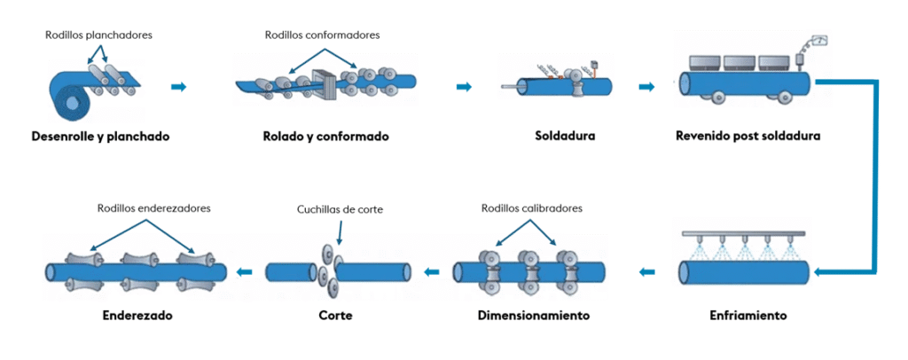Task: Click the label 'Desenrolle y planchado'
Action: [x=99, y=137]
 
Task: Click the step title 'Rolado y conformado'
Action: [x=325, y=137]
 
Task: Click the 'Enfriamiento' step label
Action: [x=748, y=316]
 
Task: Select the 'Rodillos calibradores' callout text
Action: [x=531, y=209]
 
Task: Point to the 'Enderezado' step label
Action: [x=137, y=316]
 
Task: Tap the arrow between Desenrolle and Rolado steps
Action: [x=179, y=86]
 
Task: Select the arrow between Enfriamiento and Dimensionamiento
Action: [x=648, y=271]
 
